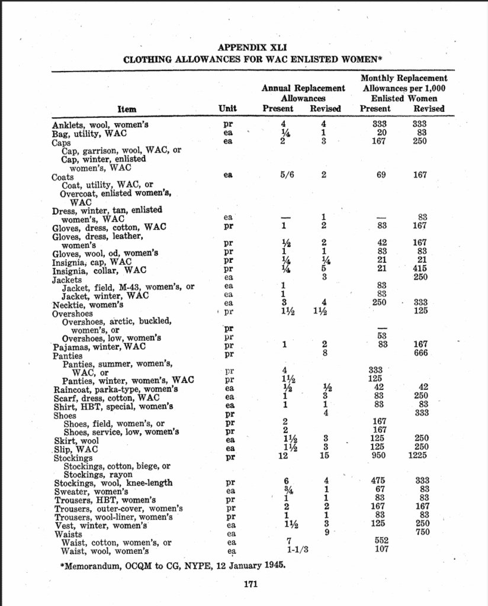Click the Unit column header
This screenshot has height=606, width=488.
coord(227,108)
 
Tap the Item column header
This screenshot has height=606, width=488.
coord(127,109)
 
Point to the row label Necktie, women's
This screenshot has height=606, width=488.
coord(88,305)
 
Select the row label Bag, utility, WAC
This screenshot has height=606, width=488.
coord(85,134)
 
